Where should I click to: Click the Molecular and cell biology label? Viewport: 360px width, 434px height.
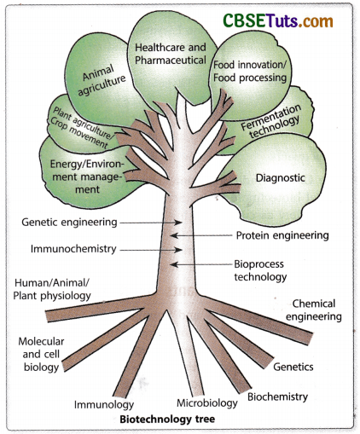(x=39, y=353)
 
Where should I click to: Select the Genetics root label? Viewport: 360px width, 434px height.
(x=293, y=367)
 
